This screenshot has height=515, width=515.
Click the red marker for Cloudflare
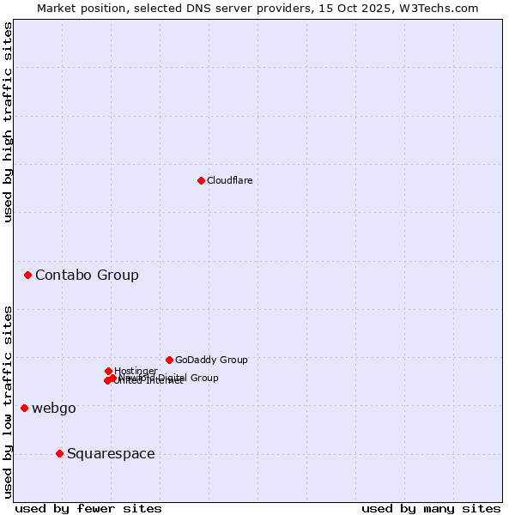[201, 180]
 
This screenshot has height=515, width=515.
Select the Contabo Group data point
[28, 275]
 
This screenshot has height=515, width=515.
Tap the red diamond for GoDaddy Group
[169, 360]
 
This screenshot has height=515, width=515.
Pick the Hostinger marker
[108, 371]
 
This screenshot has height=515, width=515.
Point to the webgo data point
[24, 408]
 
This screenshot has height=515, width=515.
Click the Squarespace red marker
[59, 453]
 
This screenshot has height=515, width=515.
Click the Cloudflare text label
[229, 180]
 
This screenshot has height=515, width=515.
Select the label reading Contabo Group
[87, 275]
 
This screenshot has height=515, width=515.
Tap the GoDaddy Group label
[211, 360]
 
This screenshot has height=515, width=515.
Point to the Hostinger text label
[136, 371]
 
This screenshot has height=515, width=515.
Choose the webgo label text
[54, 408]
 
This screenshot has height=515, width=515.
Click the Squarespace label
[111, 453]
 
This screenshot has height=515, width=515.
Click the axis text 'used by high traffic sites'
[8, 122]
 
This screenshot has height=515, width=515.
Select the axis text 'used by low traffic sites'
[8, 401]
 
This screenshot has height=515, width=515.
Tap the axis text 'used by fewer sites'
[88, 508]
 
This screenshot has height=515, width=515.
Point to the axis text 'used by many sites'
[431, 508]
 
